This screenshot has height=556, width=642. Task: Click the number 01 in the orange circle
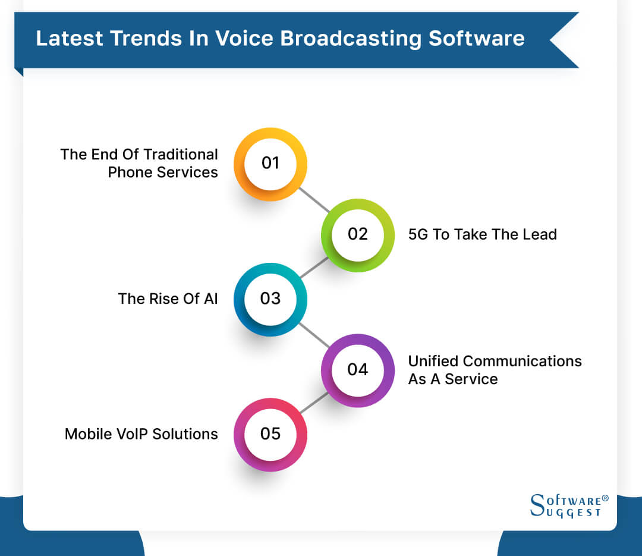270,163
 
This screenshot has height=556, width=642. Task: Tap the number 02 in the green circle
358,234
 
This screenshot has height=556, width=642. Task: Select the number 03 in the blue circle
270,299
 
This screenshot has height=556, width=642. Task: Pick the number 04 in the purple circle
358,369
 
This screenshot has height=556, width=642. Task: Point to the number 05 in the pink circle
270,434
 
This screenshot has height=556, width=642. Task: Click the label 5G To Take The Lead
482,234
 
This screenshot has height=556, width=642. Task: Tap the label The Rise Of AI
168,299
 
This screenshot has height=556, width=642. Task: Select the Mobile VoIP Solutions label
141,434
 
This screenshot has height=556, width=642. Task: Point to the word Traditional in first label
178,155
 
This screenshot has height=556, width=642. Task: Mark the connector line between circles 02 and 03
314,267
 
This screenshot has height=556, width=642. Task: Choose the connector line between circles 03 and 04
314,335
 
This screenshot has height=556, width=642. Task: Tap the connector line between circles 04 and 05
314,403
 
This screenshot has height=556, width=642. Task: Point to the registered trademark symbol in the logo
605,498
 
